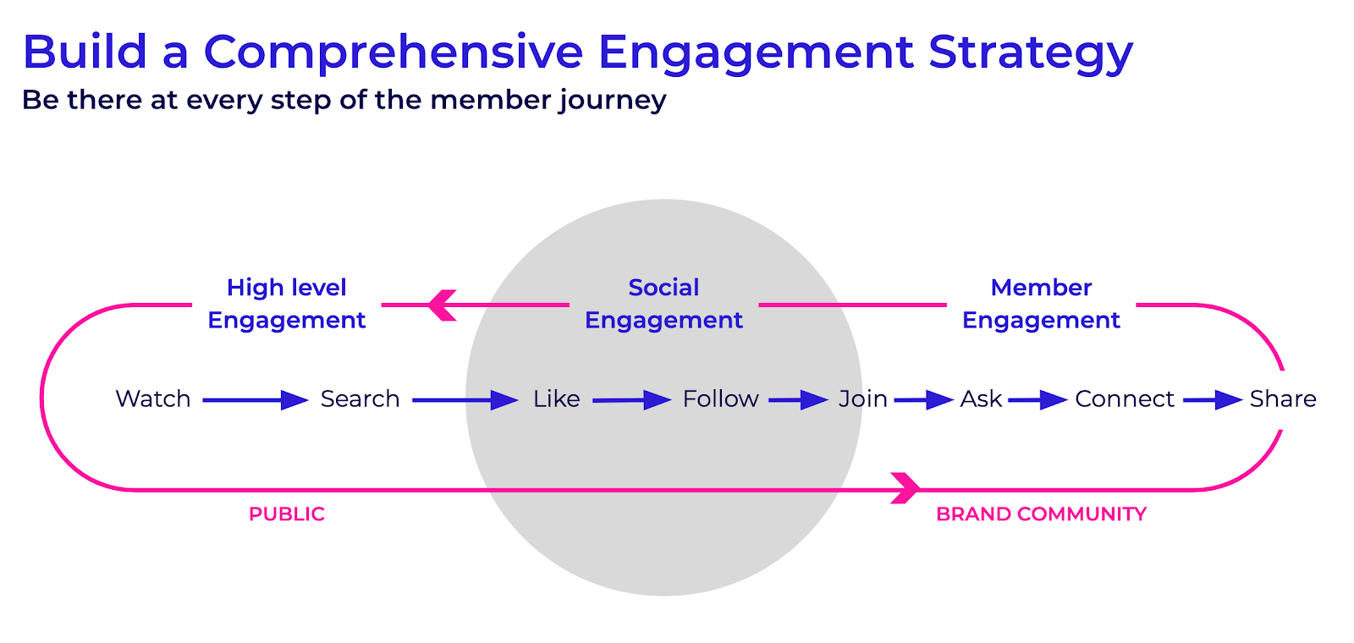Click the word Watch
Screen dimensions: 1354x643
pyautogui.click(x=153, y=398)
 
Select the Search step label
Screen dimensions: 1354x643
pyautogui.click(x=361, y=398)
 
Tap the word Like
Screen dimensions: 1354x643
pyautogui.click(x=556, y=398)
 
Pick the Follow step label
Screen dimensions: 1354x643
pyautogui.click(x=720, y=398)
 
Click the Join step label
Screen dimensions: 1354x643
pyautogui.click(x=862, y=398)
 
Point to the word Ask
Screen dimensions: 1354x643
pyautogui.click(x=981, y=398)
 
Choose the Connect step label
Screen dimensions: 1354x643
pyautogui.click(x=1125, y=398)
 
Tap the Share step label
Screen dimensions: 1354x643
pyautogui.click(x=1283, y=398)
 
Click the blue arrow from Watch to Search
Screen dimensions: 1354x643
pyautogui.click(x=256, y=400)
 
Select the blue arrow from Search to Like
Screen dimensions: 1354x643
pyautogui.click(x=465, y=400)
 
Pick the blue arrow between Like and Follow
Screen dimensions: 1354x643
pyautogui.click(x=631, y=400)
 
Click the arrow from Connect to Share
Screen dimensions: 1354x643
pyautogui.click(x=1213, y=400)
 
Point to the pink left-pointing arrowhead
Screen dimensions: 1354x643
pyautogui.click(x=442, y=305)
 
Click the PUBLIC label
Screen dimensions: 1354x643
pyautogui.click(x=287, y=514)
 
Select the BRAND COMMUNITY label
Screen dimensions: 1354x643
pyautogui.click(x=1041, y=514)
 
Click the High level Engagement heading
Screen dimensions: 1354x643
pyautogui.click(x=287, y=304)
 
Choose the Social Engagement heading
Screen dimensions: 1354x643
pyautogui.click(x=663, y=304)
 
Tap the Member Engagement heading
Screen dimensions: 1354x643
pyautogui.click(x=1041, y=304)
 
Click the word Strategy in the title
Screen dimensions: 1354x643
pyautogui.click(x=1031, y=53)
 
